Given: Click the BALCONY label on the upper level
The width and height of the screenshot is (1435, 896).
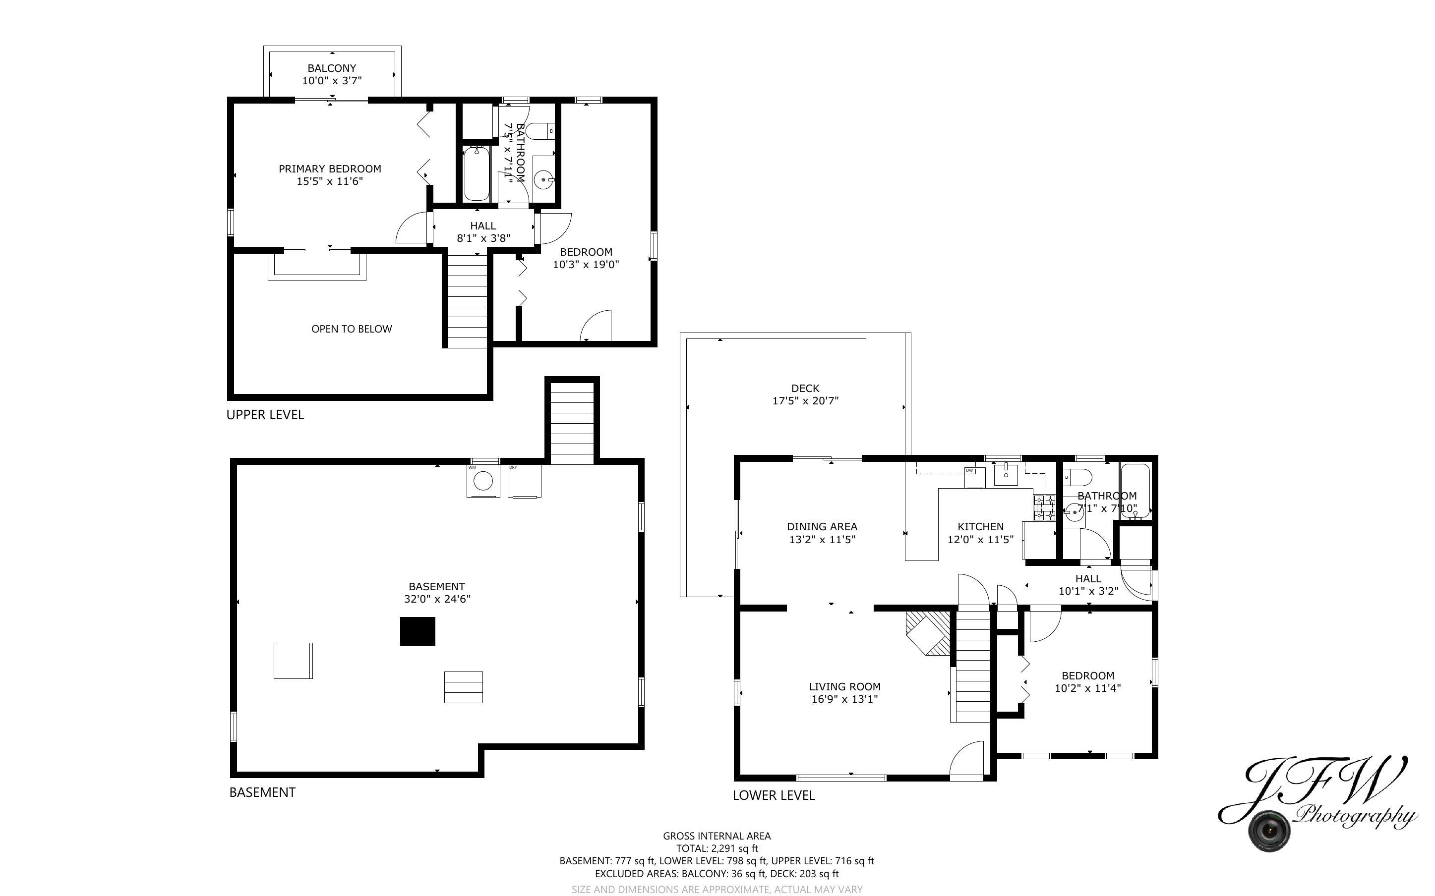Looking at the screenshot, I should [x=331, y=68].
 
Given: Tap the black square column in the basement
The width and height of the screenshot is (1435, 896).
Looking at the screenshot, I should [x=418, y=631].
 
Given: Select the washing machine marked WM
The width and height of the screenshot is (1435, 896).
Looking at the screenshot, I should [x=483, y=481].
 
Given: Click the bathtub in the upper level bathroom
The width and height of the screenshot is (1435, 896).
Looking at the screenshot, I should [x=477, y=175].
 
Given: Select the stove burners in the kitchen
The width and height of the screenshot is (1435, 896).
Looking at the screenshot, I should [x=1044, y=508].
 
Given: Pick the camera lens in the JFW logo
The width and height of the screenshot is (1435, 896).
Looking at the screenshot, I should [x=1268, y=830].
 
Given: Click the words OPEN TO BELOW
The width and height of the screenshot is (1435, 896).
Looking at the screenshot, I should [x=352, y=329].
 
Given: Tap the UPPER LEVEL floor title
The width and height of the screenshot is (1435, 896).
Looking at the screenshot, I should [x=265, y=415].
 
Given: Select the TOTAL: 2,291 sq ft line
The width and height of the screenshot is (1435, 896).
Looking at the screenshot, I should [x=717, y=848].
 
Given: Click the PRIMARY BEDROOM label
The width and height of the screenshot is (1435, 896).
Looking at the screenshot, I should [x=330, y=169].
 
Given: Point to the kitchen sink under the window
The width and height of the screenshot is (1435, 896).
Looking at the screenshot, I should [x=1006, y=475].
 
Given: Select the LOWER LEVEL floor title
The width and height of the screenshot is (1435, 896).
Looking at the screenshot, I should [x=774, y=795].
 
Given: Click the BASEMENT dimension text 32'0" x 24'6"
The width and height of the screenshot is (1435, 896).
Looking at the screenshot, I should [x=437, y=599].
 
